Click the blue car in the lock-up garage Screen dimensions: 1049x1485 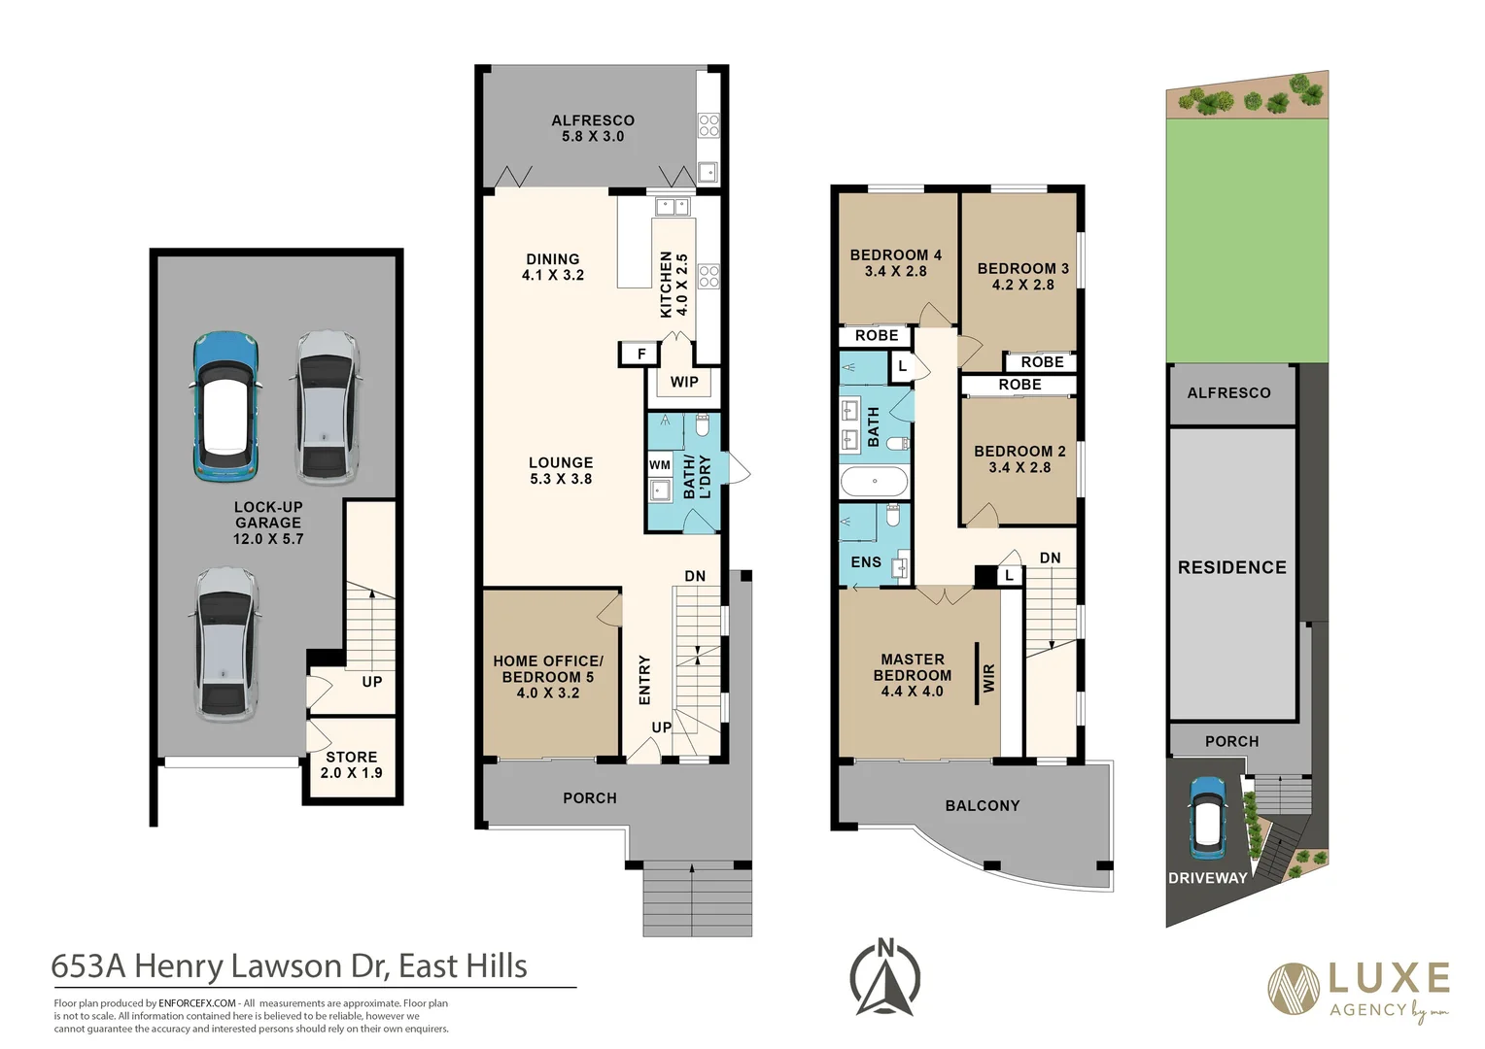[x=225, y=406]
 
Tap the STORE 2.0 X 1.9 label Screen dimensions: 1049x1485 [x=352, y=764]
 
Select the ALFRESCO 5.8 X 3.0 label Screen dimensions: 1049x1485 [x=593, y=128]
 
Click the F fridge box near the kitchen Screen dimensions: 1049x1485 [x=641, y=355]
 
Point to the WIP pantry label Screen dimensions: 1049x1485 [x=684, y=382]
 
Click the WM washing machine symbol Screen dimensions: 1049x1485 [x=660, y=465]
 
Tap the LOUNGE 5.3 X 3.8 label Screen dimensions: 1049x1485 [x=561, y=470]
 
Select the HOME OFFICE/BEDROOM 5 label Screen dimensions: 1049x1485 [x=548, y=676]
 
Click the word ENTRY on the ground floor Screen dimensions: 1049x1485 [x=644, y=679]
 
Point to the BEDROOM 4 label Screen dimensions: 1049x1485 [x=895, y=262]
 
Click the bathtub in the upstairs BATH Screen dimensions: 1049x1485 [x=874, y=481]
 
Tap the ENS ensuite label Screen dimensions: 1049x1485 [x=866, y=562]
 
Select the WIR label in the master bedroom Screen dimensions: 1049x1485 [x=989, y=678]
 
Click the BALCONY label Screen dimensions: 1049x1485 [x=983, y=805]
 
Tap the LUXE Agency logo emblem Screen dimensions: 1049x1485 [x=1294, y=989]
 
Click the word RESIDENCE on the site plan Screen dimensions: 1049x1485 [x=1231, y=567]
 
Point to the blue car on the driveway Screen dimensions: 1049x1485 [x=1207, y=818]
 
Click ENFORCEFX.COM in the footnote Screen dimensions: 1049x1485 [x=197, y=1003]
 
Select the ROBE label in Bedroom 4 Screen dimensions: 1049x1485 [x=877, y=335]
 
